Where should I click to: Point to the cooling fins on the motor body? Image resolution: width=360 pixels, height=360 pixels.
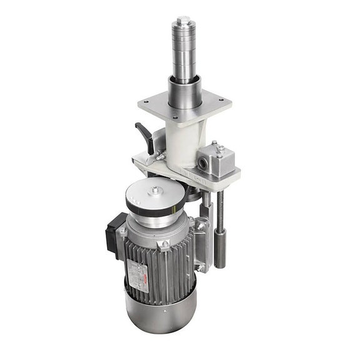169,269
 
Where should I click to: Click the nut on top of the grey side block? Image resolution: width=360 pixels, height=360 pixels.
219,149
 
